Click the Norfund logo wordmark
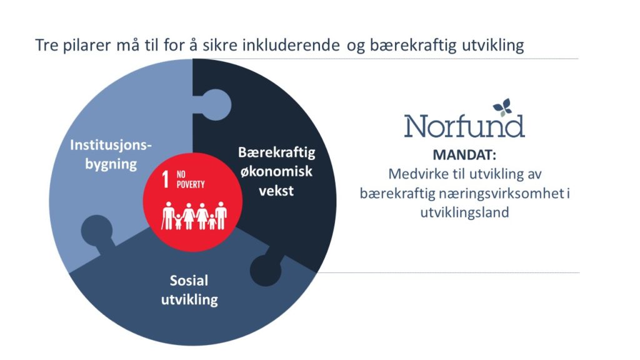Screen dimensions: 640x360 coord(464,126)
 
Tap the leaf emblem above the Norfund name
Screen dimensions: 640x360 coord(502,107)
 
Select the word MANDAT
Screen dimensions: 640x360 coord(464,155)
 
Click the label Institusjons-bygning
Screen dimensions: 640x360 coord(111,154)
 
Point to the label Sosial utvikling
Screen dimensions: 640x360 coord(189,290)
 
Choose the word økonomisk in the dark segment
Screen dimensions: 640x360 coord(276,171)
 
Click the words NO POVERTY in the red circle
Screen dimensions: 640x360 coord(190,179)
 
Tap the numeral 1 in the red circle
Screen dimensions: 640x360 coord(165,179)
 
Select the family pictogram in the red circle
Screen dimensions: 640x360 coord(194,216)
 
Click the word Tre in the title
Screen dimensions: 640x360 coord(46,45)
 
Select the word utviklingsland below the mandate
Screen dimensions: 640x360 coord(464,212)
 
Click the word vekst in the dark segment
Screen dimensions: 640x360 coord(276,191)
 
